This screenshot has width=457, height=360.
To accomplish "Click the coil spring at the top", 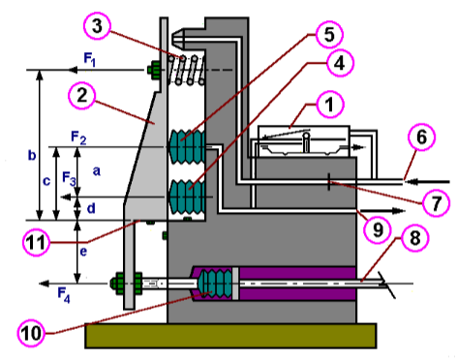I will pyautogui.click(x=189, y=70).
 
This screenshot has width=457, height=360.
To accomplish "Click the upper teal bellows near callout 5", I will pyautogui.click(x=187, y=145).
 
